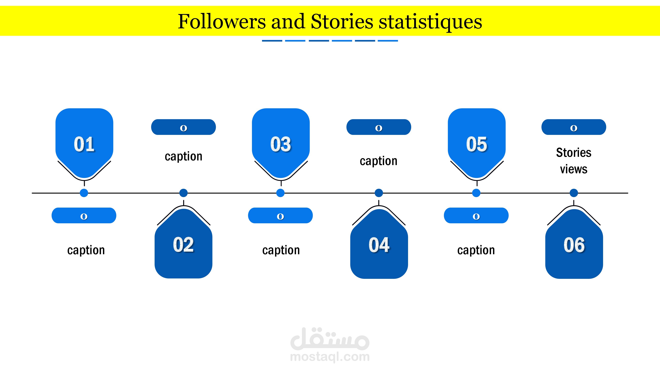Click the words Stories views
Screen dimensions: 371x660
(x=574, y=161)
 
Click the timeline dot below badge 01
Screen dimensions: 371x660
(x=84, y=193)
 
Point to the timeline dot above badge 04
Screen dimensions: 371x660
(x=379, y=193)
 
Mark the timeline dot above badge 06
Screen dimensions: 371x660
(x=574, y=193)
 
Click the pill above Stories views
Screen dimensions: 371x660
(x=574, y=127)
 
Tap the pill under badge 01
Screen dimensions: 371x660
(x=84, y=216)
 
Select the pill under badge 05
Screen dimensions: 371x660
(x=476, y=216)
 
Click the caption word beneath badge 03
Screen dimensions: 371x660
(x=281, y=250)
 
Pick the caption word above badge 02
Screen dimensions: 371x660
(x=183, y=156)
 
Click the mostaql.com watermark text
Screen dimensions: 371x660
(x=330, y=357)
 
